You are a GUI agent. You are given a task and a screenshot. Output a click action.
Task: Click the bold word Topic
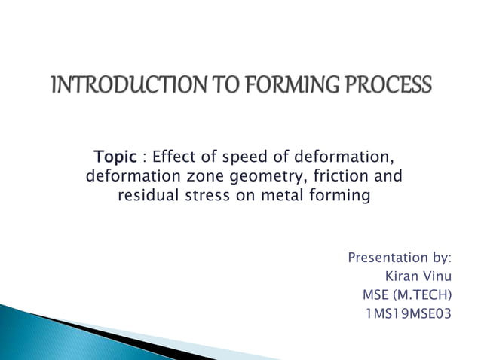coord(115,157)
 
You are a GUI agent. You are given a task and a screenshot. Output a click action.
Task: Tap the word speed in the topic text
coord(239,157)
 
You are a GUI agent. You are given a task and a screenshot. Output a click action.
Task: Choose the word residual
coord(149,197)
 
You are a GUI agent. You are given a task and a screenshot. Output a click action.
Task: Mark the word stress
coord(210,197)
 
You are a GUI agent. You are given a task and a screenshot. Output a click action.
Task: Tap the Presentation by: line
coord(400,259)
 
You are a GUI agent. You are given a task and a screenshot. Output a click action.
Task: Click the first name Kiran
coord(403,276)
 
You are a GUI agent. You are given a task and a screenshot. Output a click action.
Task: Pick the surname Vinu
coord(439,276)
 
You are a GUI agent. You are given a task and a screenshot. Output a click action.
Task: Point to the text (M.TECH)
coord(424,294)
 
